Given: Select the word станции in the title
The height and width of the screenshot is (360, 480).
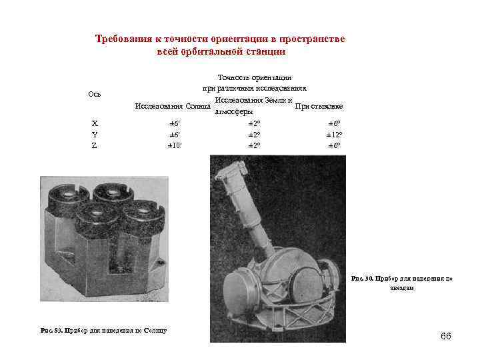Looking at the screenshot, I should [265, 51].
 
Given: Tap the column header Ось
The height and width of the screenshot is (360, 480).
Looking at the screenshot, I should [94, 93].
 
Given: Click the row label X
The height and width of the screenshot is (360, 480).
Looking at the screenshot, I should [94, 123].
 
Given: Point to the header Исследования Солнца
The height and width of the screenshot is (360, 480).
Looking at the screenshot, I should [168, 106].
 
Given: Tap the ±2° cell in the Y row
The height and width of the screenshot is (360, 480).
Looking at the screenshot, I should [253, 134].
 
